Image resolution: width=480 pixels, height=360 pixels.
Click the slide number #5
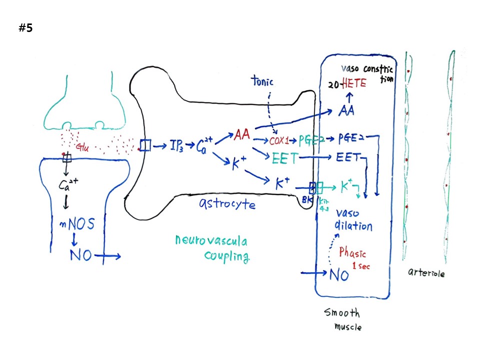point(25,28)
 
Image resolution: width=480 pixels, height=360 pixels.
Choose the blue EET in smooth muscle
point(348,157)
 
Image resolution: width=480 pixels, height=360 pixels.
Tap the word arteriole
point(426,273)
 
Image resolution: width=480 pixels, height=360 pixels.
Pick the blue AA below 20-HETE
point(346,111)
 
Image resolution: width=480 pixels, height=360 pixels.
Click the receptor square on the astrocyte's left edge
point(145,145)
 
